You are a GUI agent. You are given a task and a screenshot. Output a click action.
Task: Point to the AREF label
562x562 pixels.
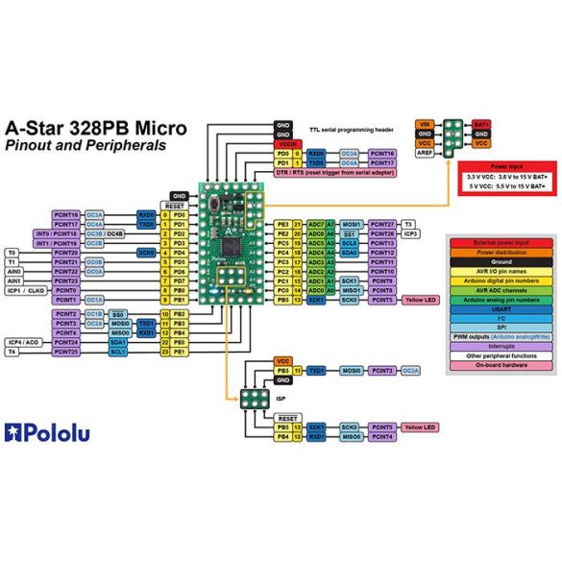tap(424, 153)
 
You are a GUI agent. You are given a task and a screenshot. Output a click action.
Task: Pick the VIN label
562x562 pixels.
tap(424, 125)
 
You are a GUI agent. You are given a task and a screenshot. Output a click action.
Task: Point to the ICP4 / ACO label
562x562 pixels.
tap(23, 342)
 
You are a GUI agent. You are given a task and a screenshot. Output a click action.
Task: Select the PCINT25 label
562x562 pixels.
tap(66, 353)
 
